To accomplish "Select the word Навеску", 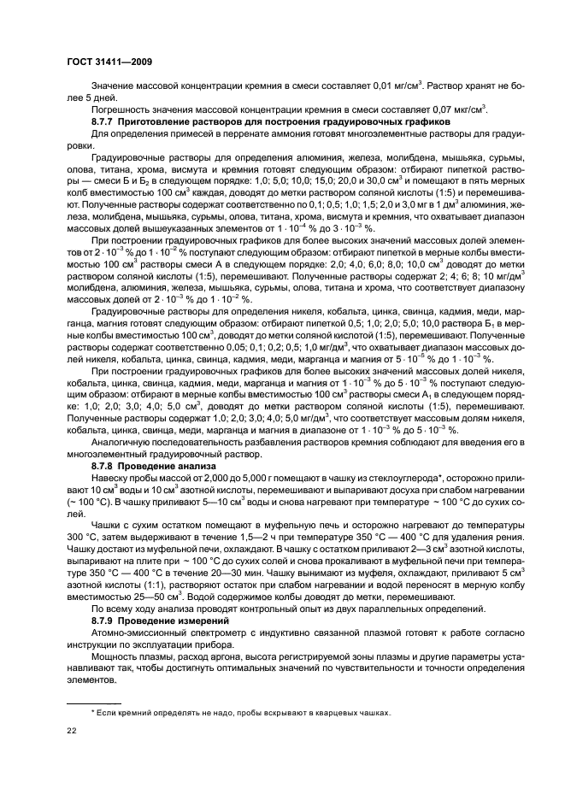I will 110,480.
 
